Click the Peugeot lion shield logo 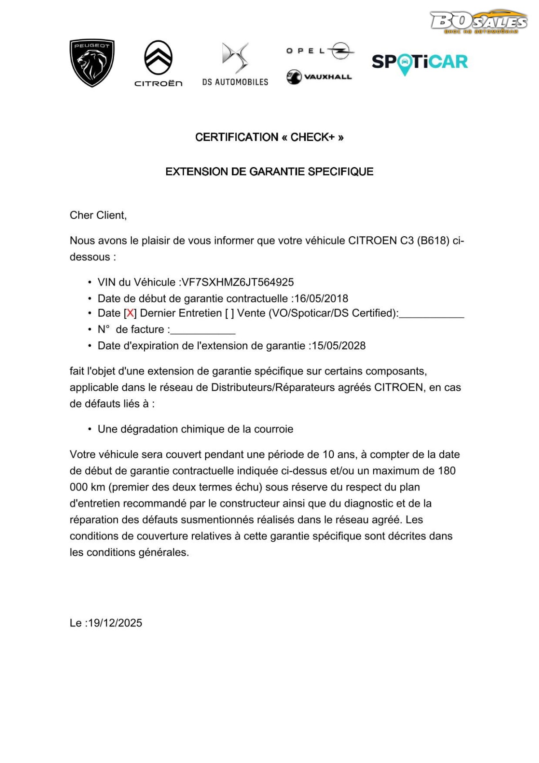point(92,62)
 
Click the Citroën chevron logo point(158,58)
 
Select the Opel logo point(320,51)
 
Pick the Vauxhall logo point(319,77)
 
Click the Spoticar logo point(420,62)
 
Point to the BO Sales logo point(478,22)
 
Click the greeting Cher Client point(98,216)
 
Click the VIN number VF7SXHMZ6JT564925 point(238,282)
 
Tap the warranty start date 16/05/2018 point(321,299)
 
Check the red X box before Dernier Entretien point(130,313)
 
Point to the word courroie point(274,429)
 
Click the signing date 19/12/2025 point(115,623)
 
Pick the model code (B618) point(433,241)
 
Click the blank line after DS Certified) point(431,316)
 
